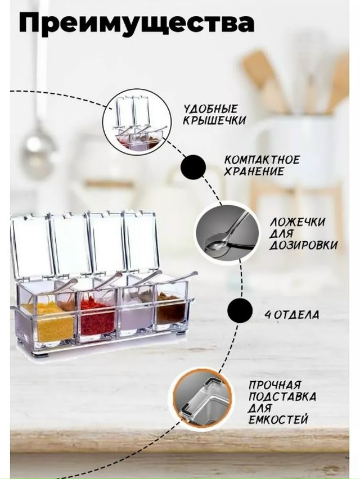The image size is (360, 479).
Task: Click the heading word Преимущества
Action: point(136,22)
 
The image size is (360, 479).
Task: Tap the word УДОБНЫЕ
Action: point(210,109)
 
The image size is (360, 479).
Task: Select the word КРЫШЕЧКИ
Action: point(214,120)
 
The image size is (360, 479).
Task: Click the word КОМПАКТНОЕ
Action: point(262,160)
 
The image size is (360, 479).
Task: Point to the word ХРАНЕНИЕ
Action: point(254,171)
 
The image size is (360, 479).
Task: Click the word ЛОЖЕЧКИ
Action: point(297,222)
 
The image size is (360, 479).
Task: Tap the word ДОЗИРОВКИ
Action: point(303,245)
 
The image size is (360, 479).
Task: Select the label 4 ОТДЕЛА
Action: point(292,315)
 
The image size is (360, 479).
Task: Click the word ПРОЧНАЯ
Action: point(274,385)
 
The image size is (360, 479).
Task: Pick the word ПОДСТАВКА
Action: point(282,396)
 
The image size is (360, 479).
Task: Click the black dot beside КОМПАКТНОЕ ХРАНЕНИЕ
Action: point(193,167)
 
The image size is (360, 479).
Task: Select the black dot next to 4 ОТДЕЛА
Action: point(240,310)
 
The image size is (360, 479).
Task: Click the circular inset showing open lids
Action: point(136,123)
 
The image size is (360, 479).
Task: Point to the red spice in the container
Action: point(97,318)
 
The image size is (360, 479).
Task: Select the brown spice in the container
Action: point(171,309)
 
